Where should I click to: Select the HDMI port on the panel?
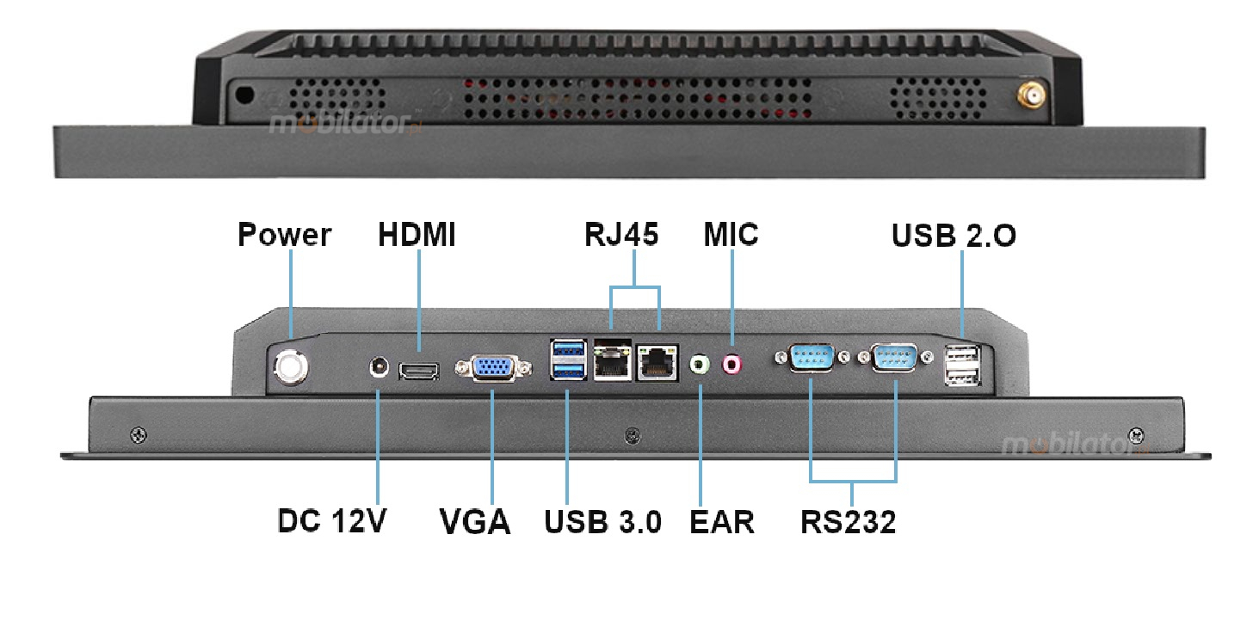pos(418,371)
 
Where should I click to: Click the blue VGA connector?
pos(491,368)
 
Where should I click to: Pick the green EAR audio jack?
pos(701,366)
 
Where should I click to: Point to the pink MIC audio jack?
pos(731,365)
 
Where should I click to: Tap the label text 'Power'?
pos(284,235)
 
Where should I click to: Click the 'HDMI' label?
pos(417,235)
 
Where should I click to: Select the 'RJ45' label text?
pos(620,234)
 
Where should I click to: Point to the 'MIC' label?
pos(731,234)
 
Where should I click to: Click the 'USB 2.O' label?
pos(954,235)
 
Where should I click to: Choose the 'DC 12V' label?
pos(333,520)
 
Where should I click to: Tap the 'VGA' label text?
pos(475,521)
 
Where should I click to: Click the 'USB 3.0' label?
pos(603,521)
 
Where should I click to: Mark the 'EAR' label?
pos(721,521)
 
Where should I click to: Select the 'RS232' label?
pos(848,521)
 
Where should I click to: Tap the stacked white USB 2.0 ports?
pos(961,364)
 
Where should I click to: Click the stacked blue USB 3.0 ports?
pos(568,360)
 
